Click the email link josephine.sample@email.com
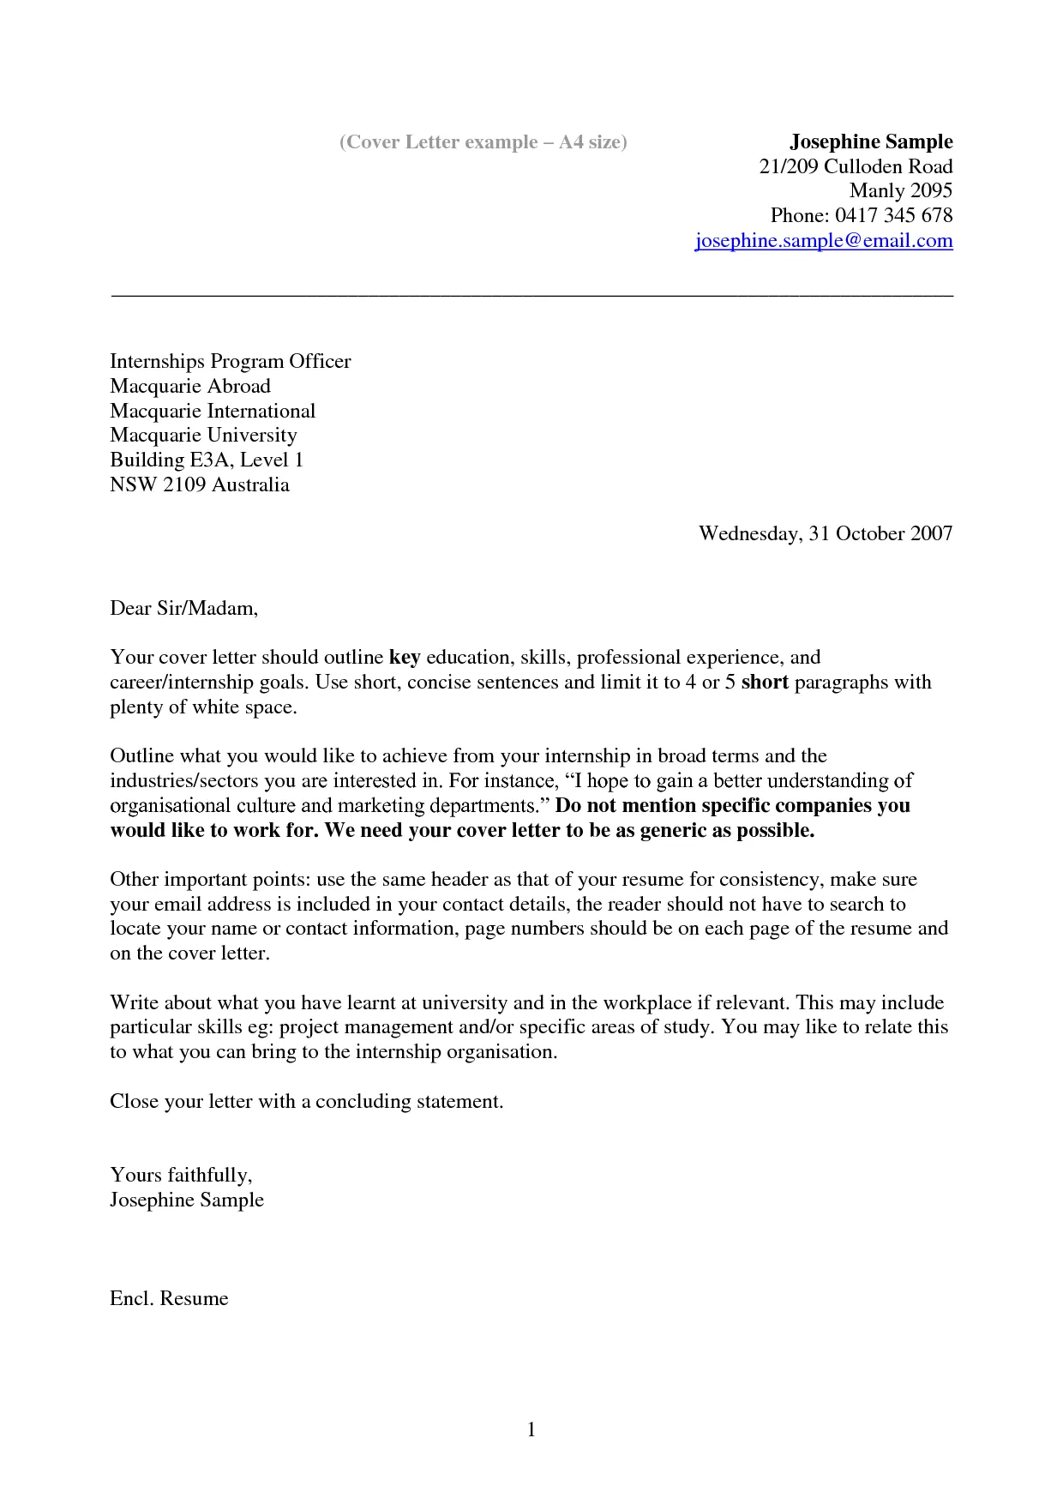(823, 241)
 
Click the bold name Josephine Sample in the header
(871, 141)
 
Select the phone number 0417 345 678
(893, 215)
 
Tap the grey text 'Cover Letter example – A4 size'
(483, 142)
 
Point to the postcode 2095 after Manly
(931, 190)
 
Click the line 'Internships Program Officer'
(230, 361)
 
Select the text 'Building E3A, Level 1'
(207, 460)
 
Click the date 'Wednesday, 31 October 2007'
(825, 533)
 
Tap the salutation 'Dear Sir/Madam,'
(183, 608)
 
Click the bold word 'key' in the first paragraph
(405, 658)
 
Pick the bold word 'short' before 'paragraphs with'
(764, 683)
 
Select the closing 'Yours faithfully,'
(180, 1175)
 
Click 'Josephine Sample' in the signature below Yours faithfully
(187, 1200)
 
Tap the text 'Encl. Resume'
(169, 1298)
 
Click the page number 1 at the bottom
(531, 1429)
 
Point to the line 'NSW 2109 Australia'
(199, 484)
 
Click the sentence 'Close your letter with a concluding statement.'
(306, 1101)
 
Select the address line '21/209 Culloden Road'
(856, 166)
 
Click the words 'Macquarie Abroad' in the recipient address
(190, 386)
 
